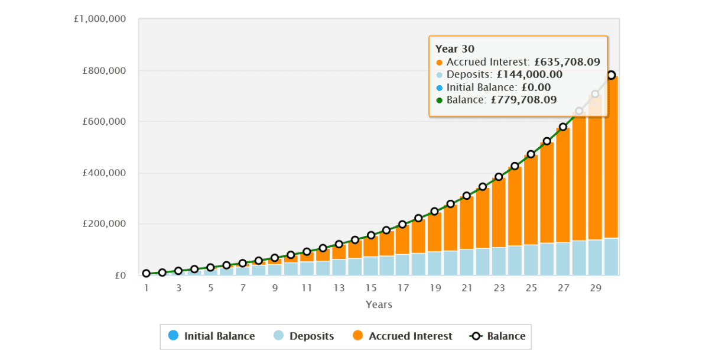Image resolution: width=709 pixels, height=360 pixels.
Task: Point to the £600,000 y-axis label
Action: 104,122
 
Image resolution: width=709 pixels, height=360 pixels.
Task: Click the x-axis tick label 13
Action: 339,288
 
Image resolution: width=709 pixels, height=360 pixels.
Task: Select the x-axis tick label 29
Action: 596,288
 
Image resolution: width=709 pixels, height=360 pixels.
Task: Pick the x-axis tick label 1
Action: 146,288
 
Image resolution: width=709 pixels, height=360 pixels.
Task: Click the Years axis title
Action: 379,305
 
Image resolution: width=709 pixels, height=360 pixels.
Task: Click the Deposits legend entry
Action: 304,336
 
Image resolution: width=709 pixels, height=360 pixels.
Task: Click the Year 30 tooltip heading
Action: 455,49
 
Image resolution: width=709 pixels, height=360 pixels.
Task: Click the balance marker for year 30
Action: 612,75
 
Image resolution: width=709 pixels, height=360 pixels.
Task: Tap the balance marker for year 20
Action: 451,204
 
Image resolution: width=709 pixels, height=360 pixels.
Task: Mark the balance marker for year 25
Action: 531,154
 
